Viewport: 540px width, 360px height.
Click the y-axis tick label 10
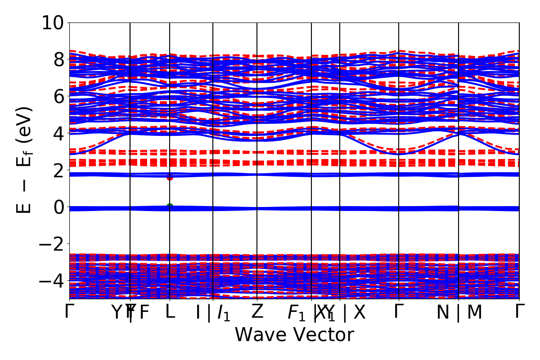pyautogui.click(x=54, y=22)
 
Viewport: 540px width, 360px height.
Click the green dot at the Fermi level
pyautogui.click(x=170, y=207)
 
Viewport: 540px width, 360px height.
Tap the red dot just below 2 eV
pyautogui.click(x=170, y=177)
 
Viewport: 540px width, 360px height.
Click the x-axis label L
pyautogui.click(x=170, y=311)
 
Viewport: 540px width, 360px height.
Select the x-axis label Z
pyautogui.click(x=257, y=311)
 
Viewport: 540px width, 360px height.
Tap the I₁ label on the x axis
pyautogui.click(x=224, y=313)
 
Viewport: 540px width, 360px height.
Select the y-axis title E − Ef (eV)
pyautogui.click(x=25, y=160)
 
